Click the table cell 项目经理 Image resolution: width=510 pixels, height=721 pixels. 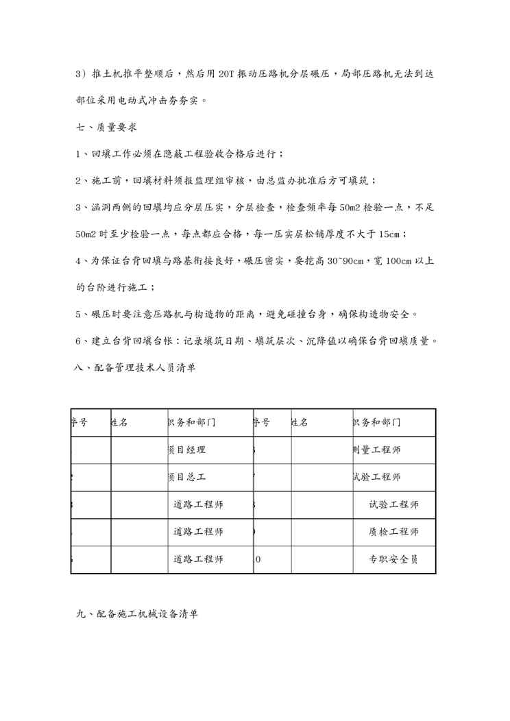pos(186,450)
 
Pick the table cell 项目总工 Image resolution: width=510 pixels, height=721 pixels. pos(186,477)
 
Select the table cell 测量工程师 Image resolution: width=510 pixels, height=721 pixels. pos(375,450)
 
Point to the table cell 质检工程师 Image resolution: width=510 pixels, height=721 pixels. pos(393,531)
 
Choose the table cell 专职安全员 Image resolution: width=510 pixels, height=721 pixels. pos(393,559)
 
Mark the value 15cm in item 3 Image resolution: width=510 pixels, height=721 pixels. pos(386,234)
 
